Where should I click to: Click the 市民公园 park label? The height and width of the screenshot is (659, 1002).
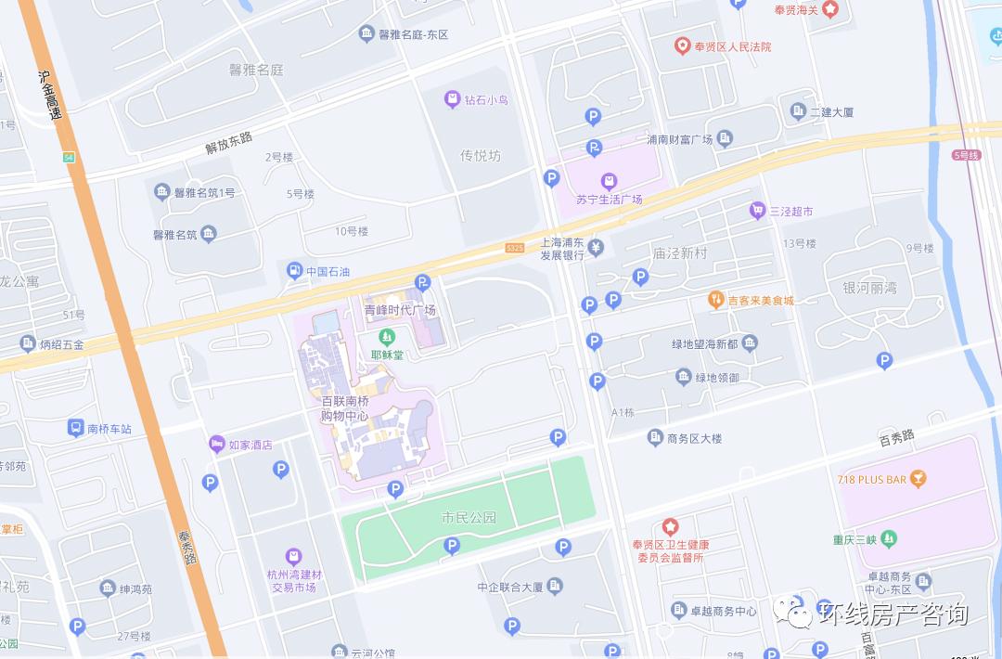click(x=469, y=517)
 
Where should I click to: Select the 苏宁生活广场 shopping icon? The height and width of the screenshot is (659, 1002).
click(x=609, y=180)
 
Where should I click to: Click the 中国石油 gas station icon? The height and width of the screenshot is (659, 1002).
click(x=294, y=271)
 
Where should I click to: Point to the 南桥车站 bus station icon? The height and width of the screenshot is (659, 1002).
click(x=74, y=428)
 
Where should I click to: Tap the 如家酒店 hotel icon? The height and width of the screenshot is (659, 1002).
click(x=216, y=444)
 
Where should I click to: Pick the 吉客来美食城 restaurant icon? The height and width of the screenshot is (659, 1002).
click(x=715, y=300)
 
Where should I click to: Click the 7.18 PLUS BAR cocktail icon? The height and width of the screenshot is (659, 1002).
click(x=918, y=479)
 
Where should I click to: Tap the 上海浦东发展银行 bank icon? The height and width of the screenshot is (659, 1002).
click(x=596, y=248)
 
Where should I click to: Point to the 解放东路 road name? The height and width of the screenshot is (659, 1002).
click(x=229, y=142)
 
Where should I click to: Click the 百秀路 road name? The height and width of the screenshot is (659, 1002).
click(x=896, y=435)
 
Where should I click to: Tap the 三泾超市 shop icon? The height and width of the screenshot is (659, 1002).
click(x=757, y=211)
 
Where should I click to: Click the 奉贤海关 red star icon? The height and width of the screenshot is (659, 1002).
click(x=829, y=9)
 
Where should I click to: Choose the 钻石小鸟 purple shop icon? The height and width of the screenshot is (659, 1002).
click(x=452, y=98)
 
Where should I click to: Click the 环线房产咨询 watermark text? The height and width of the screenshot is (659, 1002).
click(x=893, y=614)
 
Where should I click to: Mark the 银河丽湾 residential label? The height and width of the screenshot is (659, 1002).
click(x=869, y=288)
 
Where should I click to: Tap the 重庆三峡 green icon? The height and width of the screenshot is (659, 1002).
click(x=890, y=538)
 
